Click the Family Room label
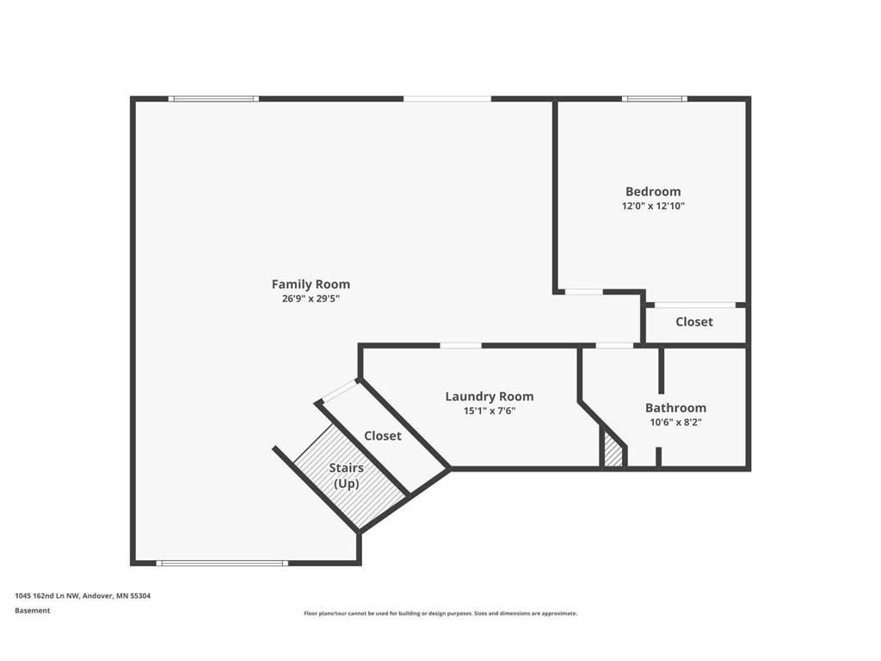[311, 284]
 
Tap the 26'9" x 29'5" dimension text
[311, 299]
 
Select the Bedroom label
[653, 192]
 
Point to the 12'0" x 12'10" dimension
[653, 206]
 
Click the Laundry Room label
[490, 397]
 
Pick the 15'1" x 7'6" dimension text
[490, 411]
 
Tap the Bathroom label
[675, 408]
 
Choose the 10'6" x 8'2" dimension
[675, 422]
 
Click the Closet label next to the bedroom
[694, 322]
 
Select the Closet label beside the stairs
[383, 436]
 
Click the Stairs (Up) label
[346, 475]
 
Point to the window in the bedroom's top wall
[654, 99]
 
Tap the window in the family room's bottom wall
[222, 563]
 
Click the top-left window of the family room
[213, 99]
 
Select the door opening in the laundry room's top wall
[461, 345]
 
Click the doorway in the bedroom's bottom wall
[584, 292]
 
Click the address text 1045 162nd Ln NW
[48, 596]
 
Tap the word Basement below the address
[32, 610]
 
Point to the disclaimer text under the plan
[440, 613]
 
